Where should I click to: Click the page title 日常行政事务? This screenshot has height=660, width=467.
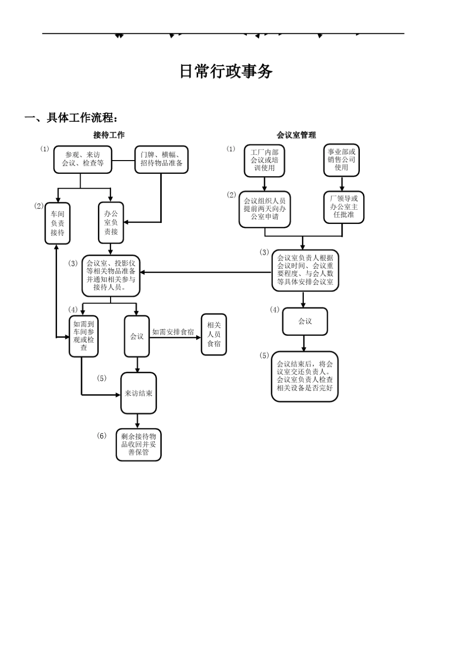point(226,72)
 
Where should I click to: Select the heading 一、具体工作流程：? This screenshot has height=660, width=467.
point(72,118)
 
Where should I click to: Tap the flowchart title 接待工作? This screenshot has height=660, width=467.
point(109,135)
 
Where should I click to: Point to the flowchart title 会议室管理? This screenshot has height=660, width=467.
point(296,135)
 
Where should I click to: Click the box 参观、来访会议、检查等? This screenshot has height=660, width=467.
point(83,160)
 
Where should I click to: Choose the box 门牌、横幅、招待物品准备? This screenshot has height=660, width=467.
point(161,160)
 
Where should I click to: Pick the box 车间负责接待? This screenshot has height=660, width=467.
point(58,223)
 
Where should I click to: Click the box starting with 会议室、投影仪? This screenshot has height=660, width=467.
point(111,275)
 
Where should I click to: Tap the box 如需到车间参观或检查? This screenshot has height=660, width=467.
point(84,336)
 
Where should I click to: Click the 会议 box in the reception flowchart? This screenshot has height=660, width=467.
point(137,336)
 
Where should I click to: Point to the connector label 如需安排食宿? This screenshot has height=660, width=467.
point(173,332)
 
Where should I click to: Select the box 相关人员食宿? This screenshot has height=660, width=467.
point(214,334)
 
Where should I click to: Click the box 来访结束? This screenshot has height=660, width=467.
point(139,393)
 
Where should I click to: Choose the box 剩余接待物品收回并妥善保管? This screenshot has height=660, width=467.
point(139,444)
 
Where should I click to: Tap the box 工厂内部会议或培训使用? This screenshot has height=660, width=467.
point(264,160)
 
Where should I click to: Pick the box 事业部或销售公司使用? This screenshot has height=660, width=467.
point(341,160)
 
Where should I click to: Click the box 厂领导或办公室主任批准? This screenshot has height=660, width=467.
point(344,207)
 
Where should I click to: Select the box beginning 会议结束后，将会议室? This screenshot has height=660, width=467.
point(305,376)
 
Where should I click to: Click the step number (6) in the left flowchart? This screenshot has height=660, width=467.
point(101,436)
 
